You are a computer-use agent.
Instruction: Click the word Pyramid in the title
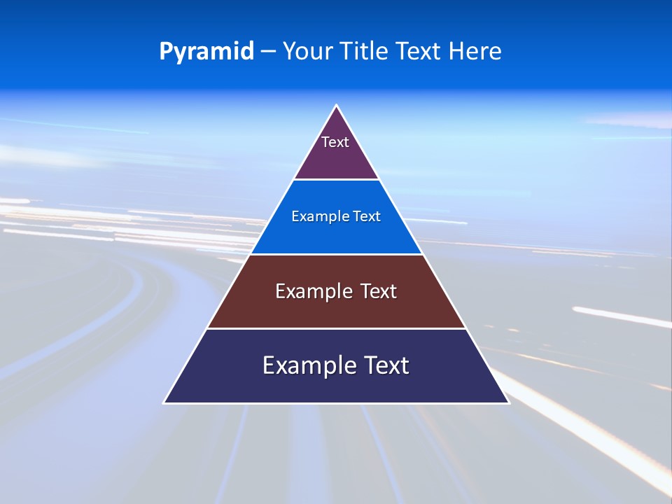tap(206, 52)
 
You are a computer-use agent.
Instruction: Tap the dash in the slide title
tap(268, 52)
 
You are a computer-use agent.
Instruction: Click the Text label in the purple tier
tap(335, 142)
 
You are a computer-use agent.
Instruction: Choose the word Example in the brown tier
tap(312, 291)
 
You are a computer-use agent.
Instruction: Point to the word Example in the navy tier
tap(305, 365)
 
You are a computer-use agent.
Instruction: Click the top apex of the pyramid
tap(337, 106)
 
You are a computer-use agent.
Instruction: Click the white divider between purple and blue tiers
tap(337, 180)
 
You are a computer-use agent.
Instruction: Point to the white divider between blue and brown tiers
tap(337, 254)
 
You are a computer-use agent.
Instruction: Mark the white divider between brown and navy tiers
tap(337, 328)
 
